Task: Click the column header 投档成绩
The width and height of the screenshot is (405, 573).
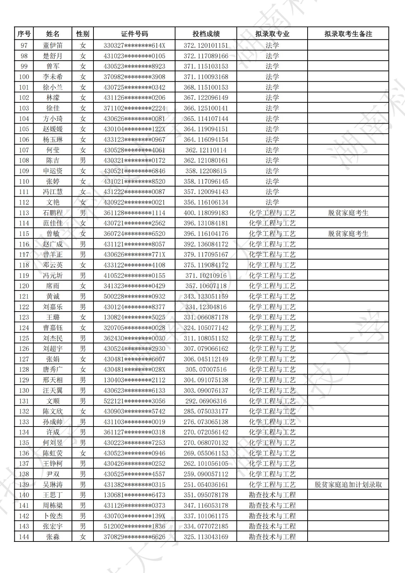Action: (x=206, y=34)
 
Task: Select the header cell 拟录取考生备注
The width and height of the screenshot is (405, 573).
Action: (x=348, y=34)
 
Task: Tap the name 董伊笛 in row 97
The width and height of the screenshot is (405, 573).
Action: (x=53, y=45)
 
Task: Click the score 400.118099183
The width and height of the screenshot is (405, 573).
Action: (x=206, y=213)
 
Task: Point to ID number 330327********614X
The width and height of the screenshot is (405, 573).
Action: (x=134, y=45)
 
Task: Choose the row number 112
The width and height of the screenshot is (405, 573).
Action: (x=24, y=202)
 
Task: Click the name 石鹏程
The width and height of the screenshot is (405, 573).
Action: (x=53, y=213)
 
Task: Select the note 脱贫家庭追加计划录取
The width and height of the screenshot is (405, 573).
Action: (x=348, y=485)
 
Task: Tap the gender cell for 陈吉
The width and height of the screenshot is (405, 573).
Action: (x=83, y=160)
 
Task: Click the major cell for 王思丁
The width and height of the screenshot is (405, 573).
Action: (x=272, y=495)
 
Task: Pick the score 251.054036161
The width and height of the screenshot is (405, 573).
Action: (x=206, y=485)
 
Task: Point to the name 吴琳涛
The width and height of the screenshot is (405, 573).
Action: (x=53, y=485)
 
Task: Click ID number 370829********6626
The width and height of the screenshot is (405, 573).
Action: (x=134, y=537)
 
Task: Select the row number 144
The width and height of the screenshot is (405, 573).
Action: (x=24, y=537)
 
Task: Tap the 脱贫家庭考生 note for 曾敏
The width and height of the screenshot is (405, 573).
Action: (x=348, y=233)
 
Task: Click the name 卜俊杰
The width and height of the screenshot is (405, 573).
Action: (x=53, y=516)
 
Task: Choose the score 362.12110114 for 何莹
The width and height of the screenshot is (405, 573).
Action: (x=206, y=150)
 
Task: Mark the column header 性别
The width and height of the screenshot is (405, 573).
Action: (x=83, y=34)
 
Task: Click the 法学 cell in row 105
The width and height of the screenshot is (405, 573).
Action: (x=272, y=129)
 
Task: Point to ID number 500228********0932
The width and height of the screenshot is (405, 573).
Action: (x=134, y=296)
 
